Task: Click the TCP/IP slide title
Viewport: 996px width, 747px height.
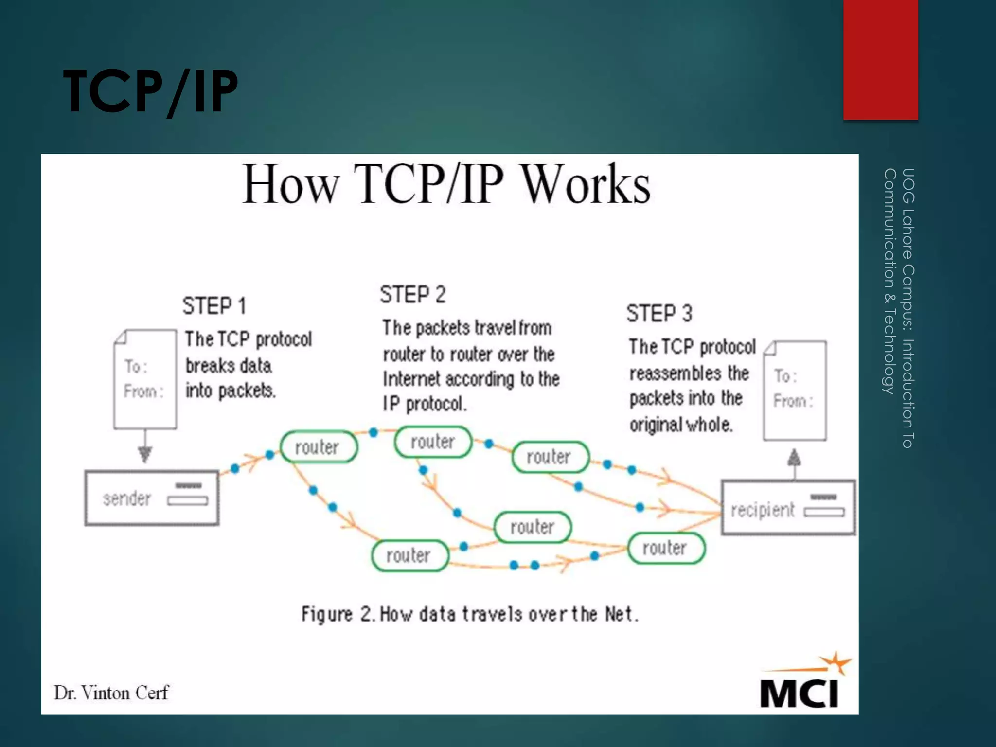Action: [x=150, y=91]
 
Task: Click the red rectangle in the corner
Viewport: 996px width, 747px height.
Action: [x=880, y=59]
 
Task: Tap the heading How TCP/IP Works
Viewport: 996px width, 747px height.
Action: [x=446, y=184]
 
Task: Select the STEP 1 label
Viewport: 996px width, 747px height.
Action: [x=214, y=306]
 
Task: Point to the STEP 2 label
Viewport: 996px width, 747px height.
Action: [x=412, y=295]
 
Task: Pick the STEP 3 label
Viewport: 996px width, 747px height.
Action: [x=659, y=313]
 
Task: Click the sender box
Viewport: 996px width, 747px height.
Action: [x=152, y=498]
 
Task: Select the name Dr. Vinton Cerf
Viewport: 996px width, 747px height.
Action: [x=111, y=693]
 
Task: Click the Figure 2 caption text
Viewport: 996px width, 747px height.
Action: [x=469, y=614]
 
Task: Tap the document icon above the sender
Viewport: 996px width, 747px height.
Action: [x=145, y=379]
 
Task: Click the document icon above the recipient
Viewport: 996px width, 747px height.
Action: [x=795, y=390]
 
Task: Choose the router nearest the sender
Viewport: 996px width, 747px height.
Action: [x=319, y=446]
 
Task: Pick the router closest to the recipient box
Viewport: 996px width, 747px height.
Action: [x=666, y=548]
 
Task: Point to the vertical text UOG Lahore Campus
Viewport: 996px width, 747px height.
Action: [x=907, y=307]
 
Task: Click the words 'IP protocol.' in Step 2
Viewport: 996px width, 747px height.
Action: [x=425, y=404]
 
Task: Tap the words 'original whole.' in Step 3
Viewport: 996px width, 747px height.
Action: [x=681, y=425]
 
